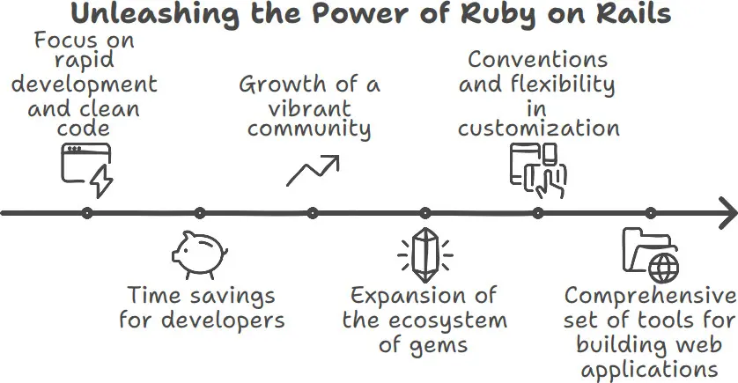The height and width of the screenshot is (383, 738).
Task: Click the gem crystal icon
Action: tap(425, 254)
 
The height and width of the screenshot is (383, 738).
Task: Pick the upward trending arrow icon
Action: tap(313, 169)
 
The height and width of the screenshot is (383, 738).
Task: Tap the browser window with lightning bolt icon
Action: tap(87, 171)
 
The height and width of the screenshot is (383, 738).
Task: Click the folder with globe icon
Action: tap(651, 254)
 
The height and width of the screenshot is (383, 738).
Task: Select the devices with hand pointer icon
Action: tap(538, 170)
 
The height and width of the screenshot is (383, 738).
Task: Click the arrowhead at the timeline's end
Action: tap(727, 213)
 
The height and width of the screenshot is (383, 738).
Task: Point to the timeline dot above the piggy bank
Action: tap(200, 213)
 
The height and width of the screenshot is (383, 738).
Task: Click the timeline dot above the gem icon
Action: tap(425, 213)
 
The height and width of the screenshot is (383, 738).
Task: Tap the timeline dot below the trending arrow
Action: tap(313, 213)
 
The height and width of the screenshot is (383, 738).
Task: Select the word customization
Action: tap(538, 129)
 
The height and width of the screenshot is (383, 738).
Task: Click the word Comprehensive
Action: tap(649, 295)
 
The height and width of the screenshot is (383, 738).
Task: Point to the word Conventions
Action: tap(537, 60)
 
